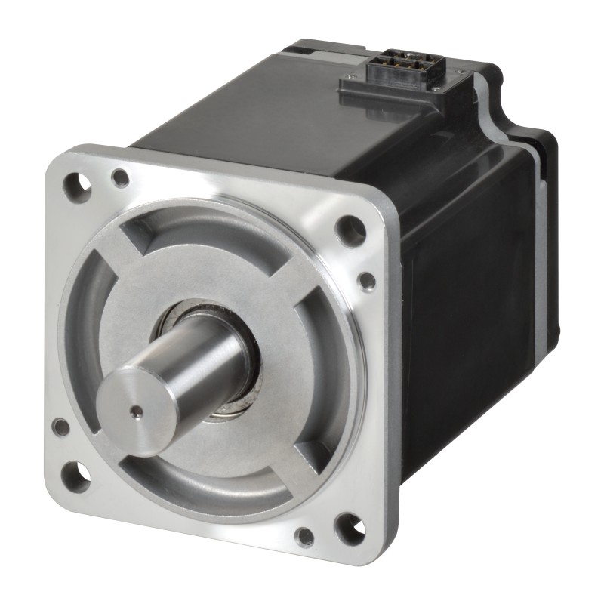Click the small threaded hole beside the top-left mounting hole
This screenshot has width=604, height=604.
pyautogui.click(x=119, y=178)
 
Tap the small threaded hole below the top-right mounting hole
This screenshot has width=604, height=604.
pyautogui.click(x=367, y=281)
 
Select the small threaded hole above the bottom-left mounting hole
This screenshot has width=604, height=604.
pyautogui.click(x=60, y=427)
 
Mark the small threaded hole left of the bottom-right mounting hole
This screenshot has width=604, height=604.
pyautogui.click(x=304, y=537)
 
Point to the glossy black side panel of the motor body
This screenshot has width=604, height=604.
pyautogui.click(x=468, y=302)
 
